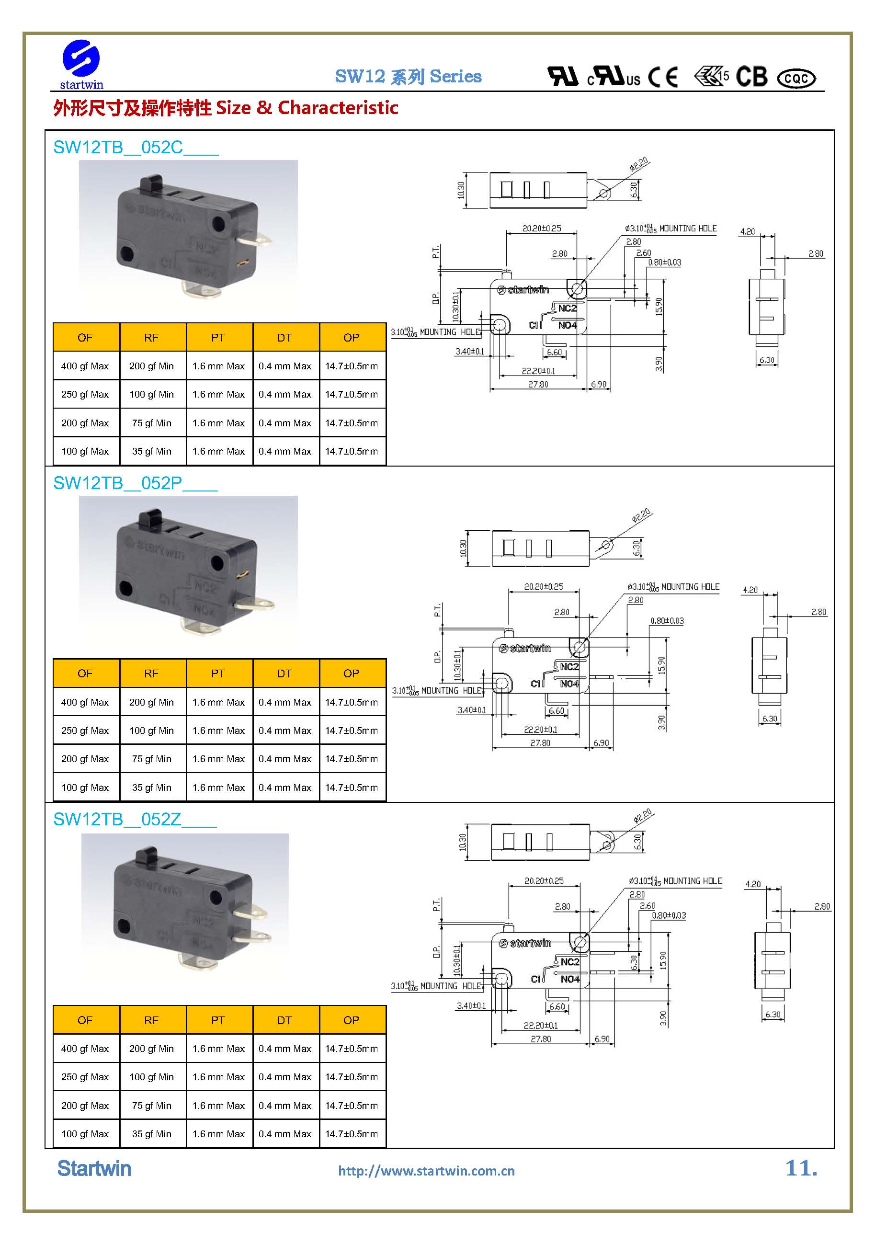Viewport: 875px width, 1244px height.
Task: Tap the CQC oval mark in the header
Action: click(x=796, y=79)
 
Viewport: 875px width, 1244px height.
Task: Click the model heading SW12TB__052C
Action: click(x=136, y=147)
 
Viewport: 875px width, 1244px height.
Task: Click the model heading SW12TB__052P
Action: click(x=135, y=483)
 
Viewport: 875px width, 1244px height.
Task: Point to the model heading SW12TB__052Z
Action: click(x=135, y=819)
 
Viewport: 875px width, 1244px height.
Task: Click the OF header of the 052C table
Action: click(x=85, y=338)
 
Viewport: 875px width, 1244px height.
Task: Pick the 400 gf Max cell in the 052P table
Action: click(x=85, y=702)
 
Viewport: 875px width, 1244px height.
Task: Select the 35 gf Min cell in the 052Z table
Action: click(x=152, y=1133)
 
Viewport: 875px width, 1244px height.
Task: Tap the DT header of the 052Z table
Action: click(x=284, y=1020)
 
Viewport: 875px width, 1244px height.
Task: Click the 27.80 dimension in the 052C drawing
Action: click(x=538, y=384)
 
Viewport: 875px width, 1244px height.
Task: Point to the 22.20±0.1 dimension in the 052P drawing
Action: click(x=540, y=730)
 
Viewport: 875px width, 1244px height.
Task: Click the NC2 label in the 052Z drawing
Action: click(x=570, y=962)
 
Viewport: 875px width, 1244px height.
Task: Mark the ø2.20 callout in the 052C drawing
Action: click(x=639, y=164)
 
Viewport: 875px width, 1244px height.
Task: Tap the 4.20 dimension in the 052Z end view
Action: click(x=752, y=884)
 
